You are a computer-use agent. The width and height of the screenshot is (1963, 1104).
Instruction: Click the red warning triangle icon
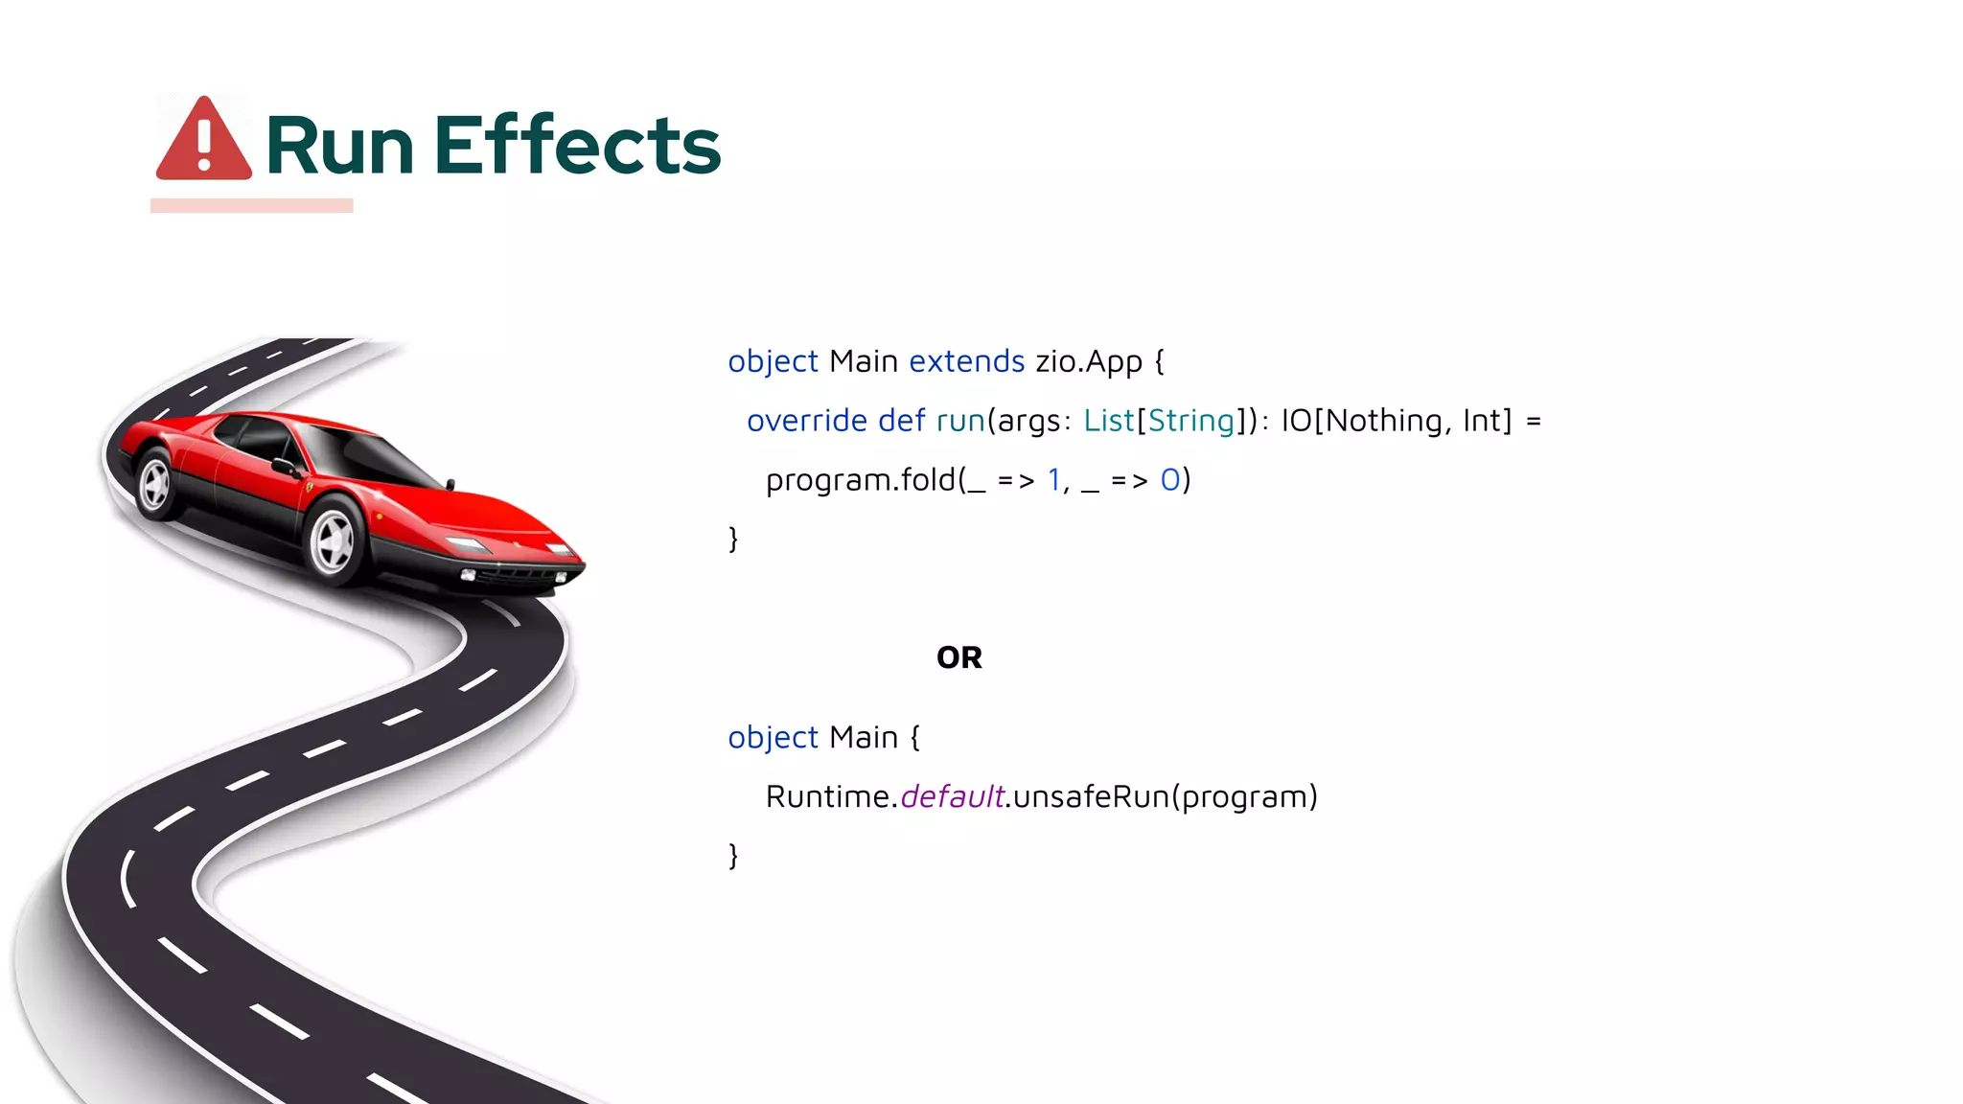click(x=203, y=141)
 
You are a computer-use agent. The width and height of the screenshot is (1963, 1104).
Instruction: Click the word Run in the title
click(x=339, y=146)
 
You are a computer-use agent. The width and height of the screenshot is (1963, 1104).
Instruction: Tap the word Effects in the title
click(x=577, y=146)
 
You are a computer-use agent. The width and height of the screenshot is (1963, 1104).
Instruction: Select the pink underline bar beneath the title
click(x=251, y=205)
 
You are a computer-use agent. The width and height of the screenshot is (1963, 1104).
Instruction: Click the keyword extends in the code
click(x=966, y=361)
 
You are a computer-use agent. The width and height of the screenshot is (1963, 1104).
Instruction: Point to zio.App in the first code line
click(x=1089, y=361)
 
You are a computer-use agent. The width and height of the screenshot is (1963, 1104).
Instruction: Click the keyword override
click(x=806, y=421)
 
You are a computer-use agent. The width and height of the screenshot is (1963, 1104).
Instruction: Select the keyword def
click(x=901, y=421)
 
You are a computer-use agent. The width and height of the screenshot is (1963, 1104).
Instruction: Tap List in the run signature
click(x=1108, y=421)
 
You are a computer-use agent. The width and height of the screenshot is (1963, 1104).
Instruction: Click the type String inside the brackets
click(x=1190, y=421)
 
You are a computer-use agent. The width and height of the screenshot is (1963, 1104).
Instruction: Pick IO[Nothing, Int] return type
click(x=1396, y=421)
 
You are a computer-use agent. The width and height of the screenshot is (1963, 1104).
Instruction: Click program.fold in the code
click(x=860, y=480)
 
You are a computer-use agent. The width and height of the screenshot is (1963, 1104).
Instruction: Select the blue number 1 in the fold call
click(x=1053, y=480)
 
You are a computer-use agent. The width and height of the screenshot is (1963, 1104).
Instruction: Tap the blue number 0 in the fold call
click(x=1169, y=480)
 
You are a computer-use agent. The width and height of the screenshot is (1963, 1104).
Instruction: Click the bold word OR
click(x=958, y=657)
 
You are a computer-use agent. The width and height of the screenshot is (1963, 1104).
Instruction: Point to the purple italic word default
click(x=951, y=796)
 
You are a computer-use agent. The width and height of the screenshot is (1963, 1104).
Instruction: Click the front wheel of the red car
click(x=334, y=540)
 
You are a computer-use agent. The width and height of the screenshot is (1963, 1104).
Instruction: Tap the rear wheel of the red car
click(x=155, y=485)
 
